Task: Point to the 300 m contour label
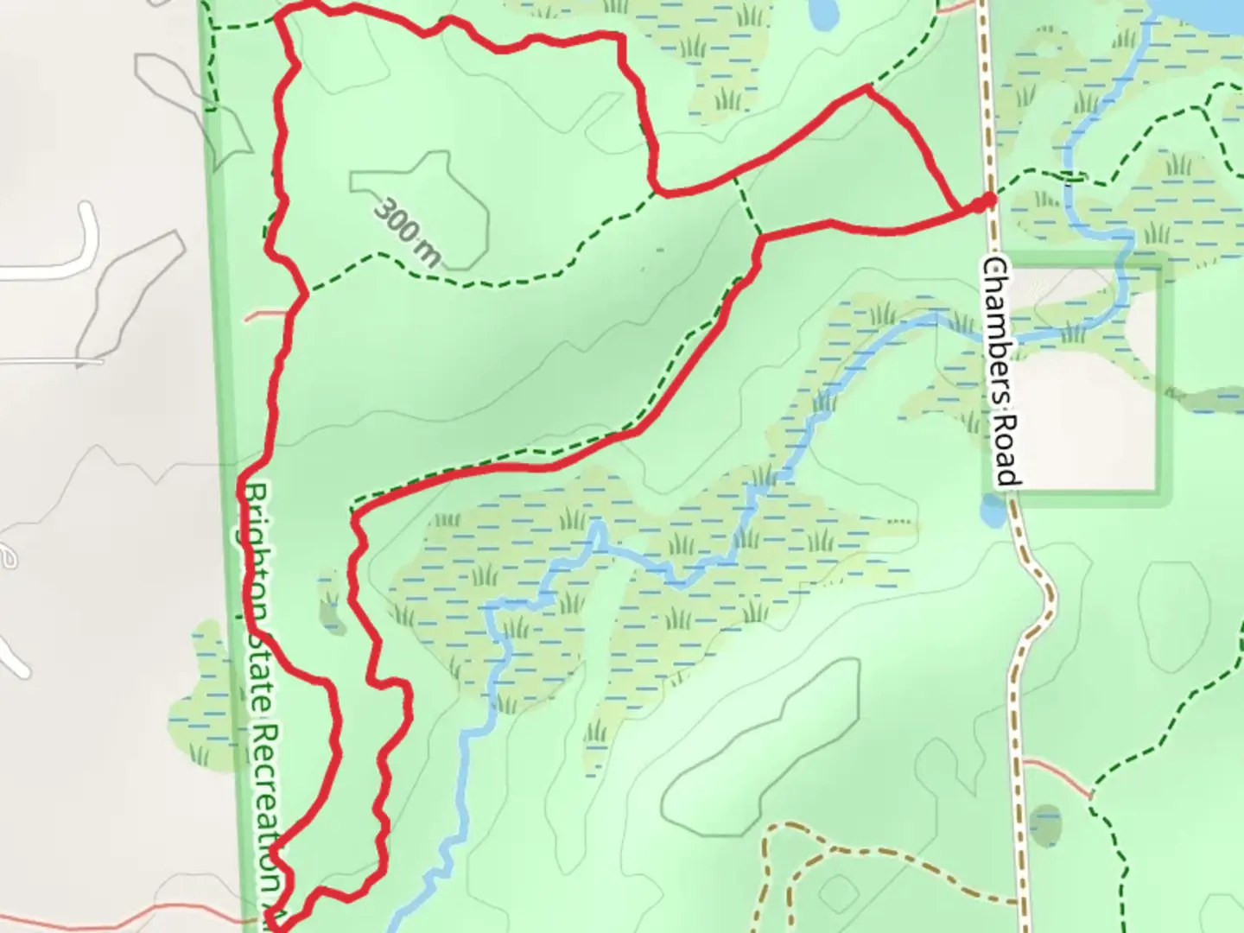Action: pos(408,230)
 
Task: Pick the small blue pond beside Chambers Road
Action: pos(993,511)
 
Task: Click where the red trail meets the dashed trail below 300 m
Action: pos(306,295)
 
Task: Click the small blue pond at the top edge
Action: pos(823,11)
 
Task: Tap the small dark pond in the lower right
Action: pos(1045,824)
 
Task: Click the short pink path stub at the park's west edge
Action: pos(263,314)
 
